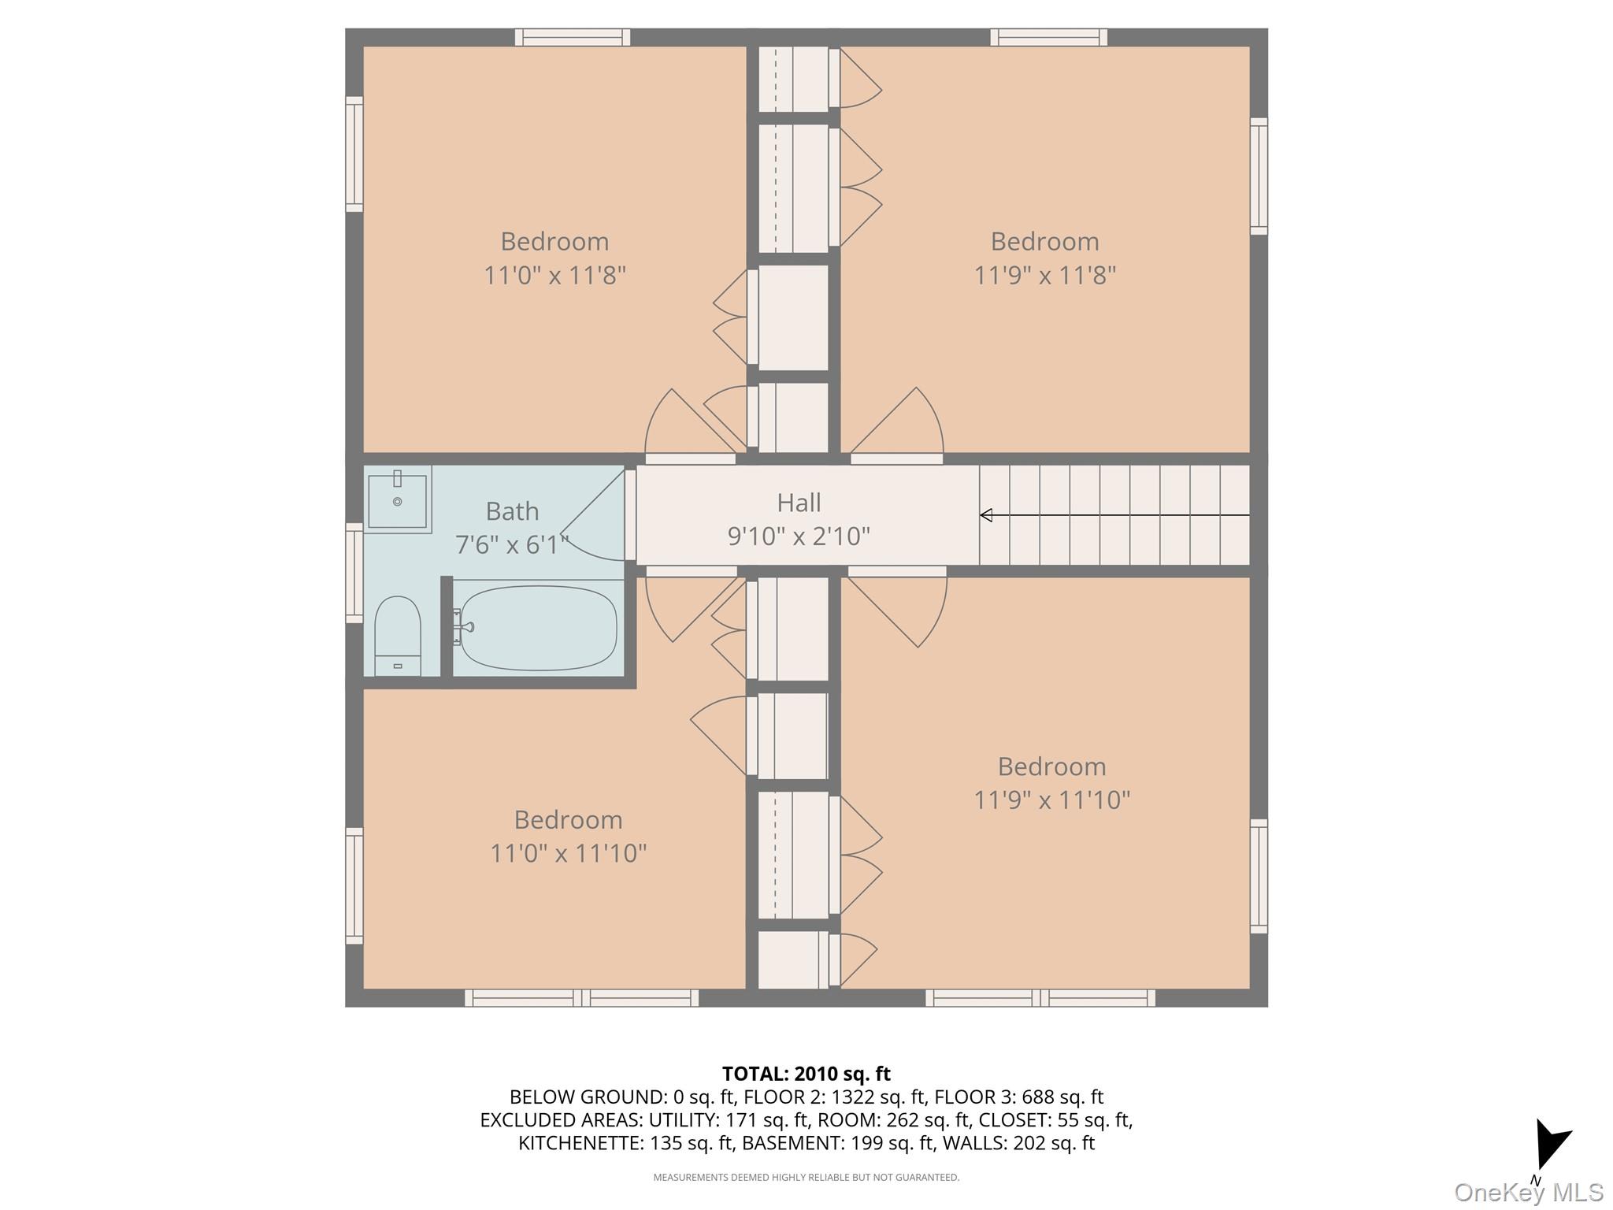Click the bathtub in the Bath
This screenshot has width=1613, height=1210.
coord(538,628)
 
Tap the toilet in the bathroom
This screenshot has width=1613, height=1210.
coord(397,635)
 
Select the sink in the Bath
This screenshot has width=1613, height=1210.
coord(397,499)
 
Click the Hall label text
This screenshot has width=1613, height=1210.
coord(799,503)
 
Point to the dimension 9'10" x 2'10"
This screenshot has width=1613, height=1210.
coord(799,536)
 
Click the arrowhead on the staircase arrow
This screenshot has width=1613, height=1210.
coord(986,515)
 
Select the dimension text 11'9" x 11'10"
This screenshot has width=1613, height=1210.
coord(1051,800)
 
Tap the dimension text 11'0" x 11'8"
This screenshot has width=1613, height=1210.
coord(554,276)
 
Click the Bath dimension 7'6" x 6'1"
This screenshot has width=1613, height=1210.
coord(512,544)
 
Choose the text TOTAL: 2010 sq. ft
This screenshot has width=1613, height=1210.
coord(806,1074)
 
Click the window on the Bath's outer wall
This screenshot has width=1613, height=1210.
coord(354,573)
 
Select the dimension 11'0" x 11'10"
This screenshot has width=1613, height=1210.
coord(568,853)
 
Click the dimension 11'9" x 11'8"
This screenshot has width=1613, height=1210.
coord(1044,276)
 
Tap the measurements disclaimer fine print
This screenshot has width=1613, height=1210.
coord(806,1178)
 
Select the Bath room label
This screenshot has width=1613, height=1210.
coord(512,511)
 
